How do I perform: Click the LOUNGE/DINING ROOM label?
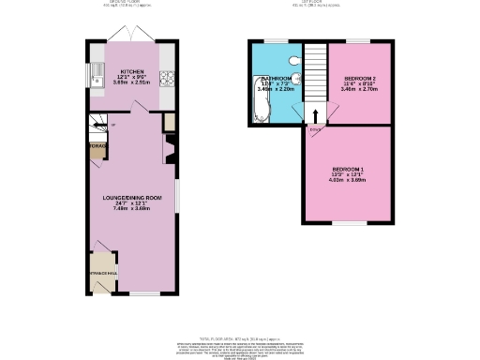[131, 198]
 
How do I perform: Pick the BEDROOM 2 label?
[360, 78]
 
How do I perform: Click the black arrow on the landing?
[315, 115]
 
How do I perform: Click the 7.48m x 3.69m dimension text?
[131, 208]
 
